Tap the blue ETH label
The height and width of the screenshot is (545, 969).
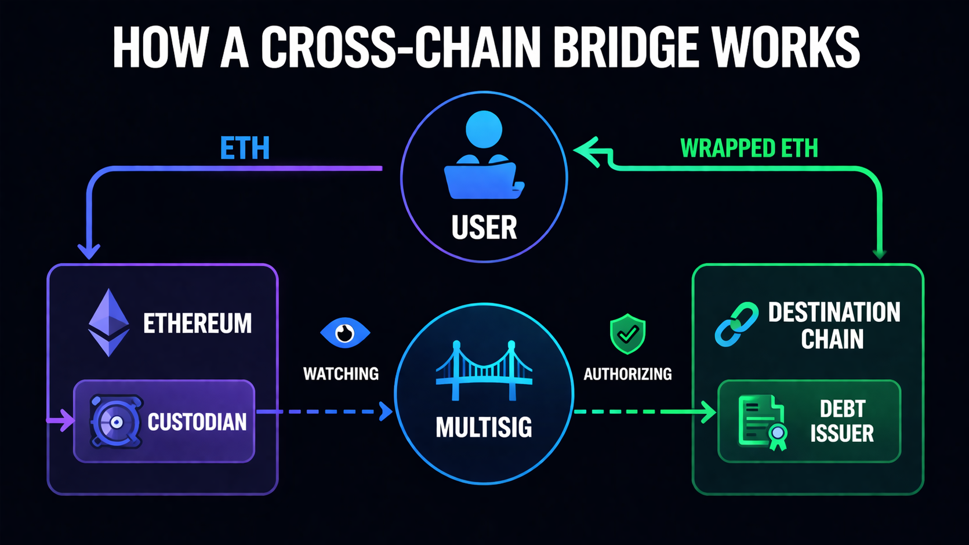coord(245,148)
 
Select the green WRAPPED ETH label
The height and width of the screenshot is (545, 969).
coord(749,148)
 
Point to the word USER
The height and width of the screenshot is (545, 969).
coord(484,227)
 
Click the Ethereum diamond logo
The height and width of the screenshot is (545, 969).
coord(108,322)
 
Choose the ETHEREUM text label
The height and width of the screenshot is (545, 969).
coord(197,324)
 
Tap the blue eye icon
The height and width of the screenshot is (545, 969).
coord(345,333)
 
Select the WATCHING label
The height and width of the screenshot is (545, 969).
coord(341,374)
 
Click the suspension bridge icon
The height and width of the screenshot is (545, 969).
coord(484,371)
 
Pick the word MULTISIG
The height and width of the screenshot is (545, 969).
coord(484,428)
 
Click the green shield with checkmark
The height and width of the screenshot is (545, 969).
coord(627,334)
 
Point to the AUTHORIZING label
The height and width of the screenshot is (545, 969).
coord(627,374)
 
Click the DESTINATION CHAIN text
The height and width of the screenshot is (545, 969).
coord(834,325)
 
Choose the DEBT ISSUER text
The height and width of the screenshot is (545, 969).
coord(842,422)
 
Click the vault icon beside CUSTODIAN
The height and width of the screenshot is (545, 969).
coord(116,422)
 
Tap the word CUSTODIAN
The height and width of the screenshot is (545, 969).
coord(197,422)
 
